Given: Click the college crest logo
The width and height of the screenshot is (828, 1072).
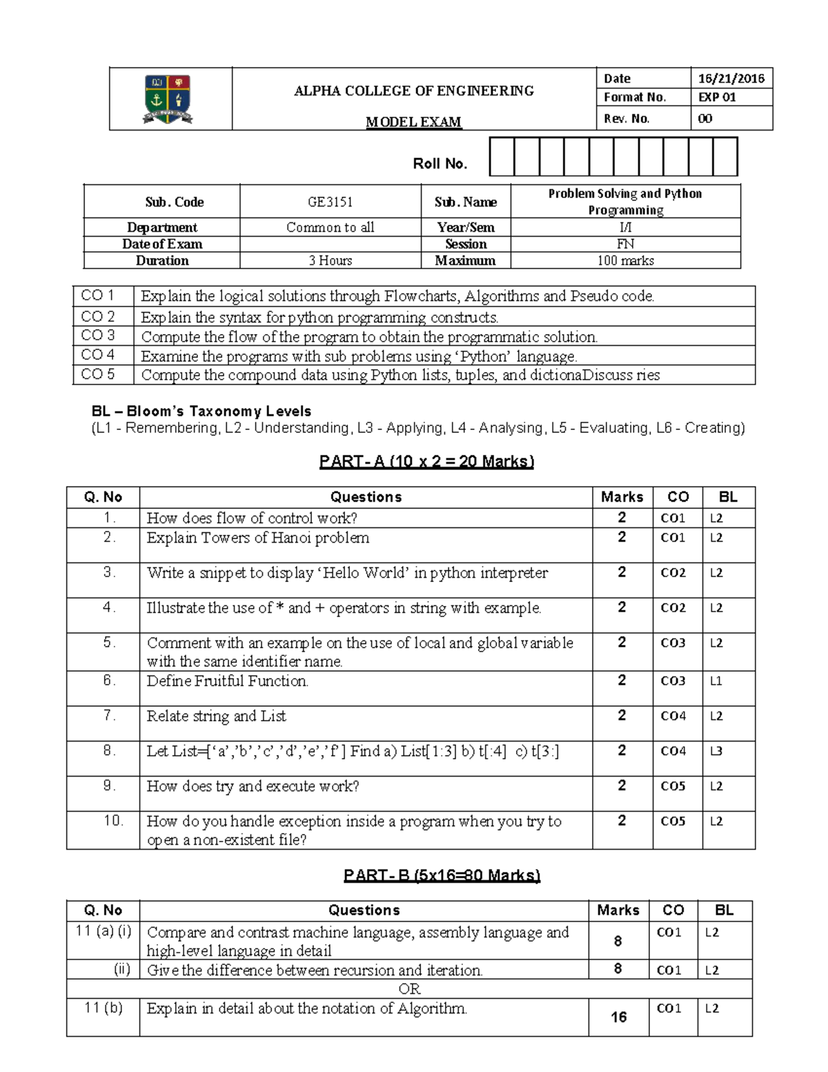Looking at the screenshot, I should tap(168, 99).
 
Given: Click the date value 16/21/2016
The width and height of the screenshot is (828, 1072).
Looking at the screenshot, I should tap(731, 79).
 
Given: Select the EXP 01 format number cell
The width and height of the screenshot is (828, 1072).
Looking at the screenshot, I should tap(717, 97).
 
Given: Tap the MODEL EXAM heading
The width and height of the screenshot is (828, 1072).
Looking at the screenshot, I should tap(413, 122).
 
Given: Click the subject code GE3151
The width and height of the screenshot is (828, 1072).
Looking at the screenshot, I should tap(330, 202).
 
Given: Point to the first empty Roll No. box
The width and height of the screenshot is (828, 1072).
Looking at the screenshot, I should tap(502, 157).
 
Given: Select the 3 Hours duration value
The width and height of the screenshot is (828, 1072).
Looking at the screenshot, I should tap(330, 261).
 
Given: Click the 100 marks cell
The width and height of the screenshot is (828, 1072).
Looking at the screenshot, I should tap(625, 261).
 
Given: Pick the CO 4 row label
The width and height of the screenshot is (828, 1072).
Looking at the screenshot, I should tap(98, 355).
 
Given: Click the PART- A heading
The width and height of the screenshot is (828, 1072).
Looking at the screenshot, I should tap(426, 462).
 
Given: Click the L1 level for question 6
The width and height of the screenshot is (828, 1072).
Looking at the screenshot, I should tap(716, 681).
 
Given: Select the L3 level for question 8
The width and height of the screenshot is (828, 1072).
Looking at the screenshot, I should tap(716, 751).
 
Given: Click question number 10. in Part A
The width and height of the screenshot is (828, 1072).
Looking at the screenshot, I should tap(113, 821).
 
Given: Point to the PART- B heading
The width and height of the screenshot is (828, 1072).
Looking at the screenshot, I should tap(442, 876).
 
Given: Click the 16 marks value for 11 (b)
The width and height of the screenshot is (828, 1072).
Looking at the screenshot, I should tap(618, 1017).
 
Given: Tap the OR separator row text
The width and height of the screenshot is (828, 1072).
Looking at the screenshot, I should tap(409, 989).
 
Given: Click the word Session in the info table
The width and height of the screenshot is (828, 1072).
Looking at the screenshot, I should tap(466, 244).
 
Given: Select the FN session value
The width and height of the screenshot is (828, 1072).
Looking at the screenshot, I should tap(625, 244).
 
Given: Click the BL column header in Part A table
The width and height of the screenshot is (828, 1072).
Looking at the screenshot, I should tap(728, 497).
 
